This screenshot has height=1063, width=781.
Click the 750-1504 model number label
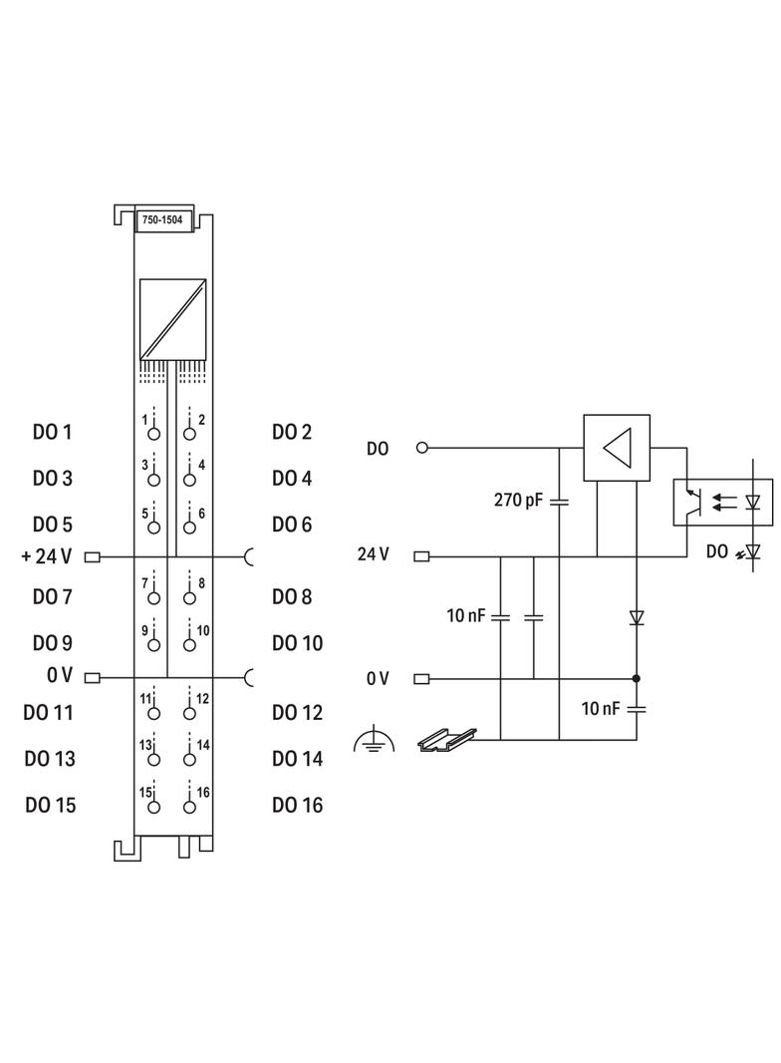[x=161, y=221]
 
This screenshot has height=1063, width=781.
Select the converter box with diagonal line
[x=172, y=319]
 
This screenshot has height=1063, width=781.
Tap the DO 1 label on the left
[x=52, y=433]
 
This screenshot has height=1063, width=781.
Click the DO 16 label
[x=297, y=805]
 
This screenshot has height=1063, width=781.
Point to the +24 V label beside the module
[x=46, y=556]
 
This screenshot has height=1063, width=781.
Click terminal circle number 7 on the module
[x=153, y=598]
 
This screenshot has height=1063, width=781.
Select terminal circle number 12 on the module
[x=189, y=714]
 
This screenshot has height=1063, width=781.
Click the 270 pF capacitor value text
[x=519, y=500]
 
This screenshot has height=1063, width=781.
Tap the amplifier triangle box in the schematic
[x=617, y=448]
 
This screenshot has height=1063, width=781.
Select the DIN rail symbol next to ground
[x=442, y=739]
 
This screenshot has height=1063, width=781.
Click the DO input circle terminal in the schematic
[x=421, y=448]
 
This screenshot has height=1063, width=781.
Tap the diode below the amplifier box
[x=637, y=618]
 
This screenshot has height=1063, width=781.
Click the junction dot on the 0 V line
[x=637, y=679]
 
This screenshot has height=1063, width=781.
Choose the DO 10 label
[x=297, y=643]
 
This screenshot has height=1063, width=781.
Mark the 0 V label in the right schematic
[x=377, y=679]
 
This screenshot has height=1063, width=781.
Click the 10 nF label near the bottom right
[x=602, y=709]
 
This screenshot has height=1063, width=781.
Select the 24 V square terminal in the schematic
[x=421, y=556]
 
